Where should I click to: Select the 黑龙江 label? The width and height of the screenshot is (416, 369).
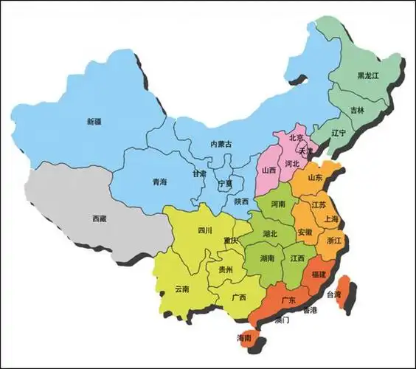pos(368,76)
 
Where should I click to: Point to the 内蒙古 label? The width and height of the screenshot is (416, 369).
pos(221,145)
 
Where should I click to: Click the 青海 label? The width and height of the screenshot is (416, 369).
pos(159,182)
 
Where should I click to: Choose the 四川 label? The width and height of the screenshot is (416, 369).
pos(205,230)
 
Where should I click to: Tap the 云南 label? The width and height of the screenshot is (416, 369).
pos(182,289)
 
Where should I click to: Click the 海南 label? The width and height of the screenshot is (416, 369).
pos(244,337)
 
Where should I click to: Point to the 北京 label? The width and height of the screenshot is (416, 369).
pos(297,137)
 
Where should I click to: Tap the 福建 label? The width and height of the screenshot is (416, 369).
pos(319,274)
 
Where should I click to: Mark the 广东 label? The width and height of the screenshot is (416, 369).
pos(288,300)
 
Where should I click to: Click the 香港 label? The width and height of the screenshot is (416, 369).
pos(309,311)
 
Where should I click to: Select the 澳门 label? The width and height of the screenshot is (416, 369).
pos(281,321)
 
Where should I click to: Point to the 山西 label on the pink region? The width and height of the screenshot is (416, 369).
pos(269,170)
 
